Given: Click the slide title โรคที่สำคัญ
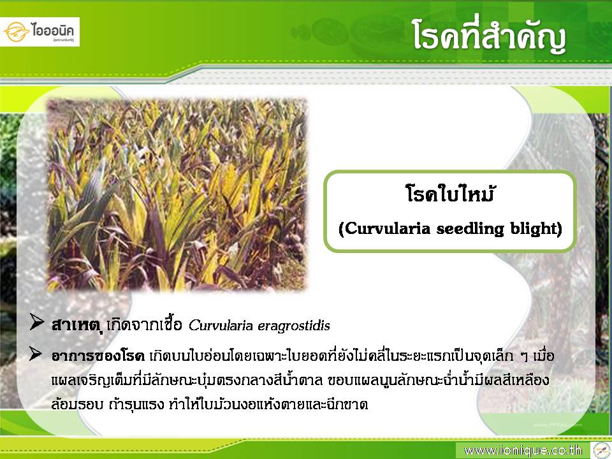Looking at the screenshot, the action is pyautogui.click(x=490, y=36).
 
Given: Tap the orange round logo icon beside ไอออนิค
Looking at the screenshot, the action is pyautogui.click(x=17, y=32).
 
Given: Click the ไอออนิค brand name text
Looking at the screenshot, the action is pyautogui.click(x=53, y=30).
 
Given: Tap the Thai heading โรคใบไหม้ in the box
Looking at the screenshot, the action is pyautogui.click(x=449, y=193).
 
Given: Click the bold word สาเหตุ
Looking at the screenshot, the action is pyautogui.click(x=77, y=324).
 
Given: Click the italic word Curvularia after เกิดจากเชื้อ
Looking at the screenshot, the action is pyautogui.click(x=221, y=325).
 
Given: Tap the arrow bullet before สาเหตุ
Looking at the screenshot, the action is pyautogui.click(x=36, y=323).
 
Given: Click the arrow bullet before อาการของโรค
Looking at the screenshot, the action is pyautogui.click(x=36, y=354).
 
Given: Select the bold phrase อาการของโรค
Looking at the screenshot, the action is pyautogui.click(x=98, y=356).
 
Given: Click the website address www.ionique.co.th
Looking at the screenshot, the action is pyautogui.click(x=523, y=451).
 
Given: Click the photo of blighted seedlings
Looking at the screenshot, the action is pyautogui.click(x=177, y=195).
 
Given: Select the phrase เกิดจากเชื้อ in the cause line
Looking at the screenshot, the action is pyautogui.click(x=145, y=324).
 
